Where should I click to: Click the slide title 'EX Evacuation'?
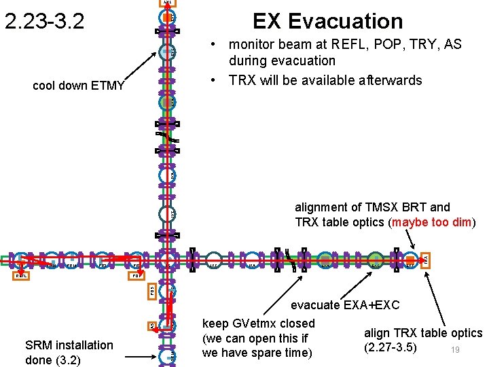coord(327,21)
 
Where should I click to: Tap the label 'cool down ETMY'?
coord(79,86)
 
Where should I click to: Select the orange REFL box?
coord(22,277)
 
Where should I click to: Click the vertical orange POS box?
coord(152,290)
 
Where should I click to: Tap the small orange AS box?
coord(152,327)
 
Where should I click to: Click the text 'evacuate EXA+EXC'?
coord(346,306)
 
